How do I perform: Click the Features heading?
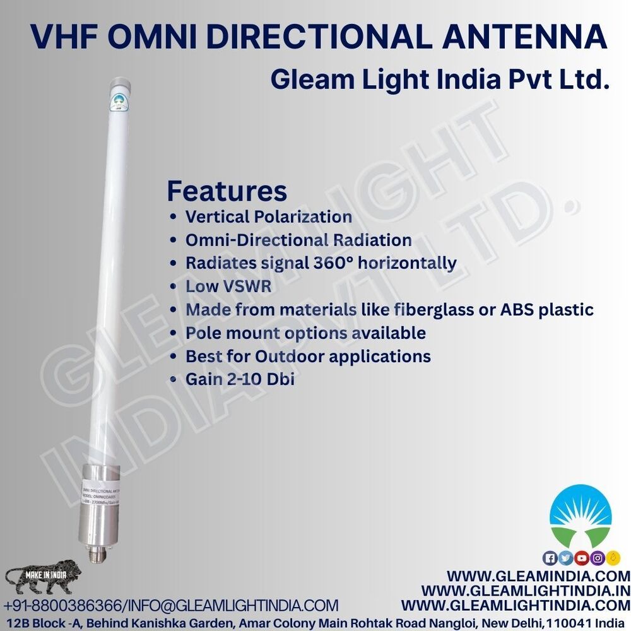(227, 190)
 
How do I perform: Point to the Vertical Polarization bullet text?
(268, 216)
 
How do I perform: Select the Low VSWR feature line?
(228, 286)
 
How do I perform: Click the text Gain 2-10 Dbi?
(240, 379)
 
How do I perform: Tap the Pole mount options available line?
(305, 333)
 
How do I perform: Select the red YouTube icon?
(581, 558)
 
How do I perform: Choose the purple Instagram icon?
(597, 558)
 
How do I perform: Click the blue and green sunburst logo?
(580, 515)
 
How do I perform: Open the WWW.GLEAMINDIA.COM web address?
(538, 576)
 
